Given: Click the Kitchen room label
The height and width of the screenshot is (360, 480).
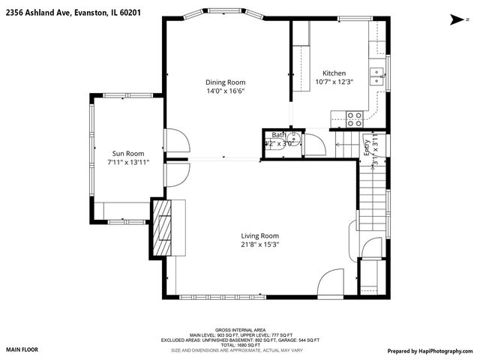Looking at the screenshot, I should coord(334,73).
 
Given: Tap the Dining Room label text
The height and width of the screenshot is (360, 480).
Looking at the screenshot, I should coord(225,82).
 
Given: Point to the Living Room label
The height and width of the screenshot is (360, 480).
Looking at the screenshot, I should coord(260,236).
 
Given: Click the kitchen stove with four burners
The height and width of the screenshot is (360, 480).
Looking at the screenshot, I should coord(354,117).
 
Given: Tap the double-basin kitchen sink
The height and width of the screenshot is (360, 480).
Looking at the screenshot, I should coord(380,73).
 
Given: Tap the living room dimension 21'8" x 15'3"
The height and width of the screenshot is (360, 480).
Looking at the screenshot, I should coord(260,244).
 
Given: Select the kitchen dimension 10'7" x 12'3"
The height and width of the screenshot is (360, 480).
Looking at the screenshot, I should coord(334,82).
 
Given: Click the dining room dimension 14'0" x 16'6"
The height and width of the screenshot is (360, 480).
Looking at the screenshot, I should coord(225,91).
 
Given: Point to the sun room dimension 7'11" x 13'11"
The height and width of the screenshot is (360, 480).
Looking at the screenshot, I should coord(128,161).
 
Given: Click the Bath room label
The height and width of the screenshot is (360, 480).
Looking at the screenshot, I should coord(278,135).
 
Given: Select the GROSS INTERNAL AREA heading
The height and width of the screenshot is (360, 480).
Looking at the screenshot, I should coord(239,329).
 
